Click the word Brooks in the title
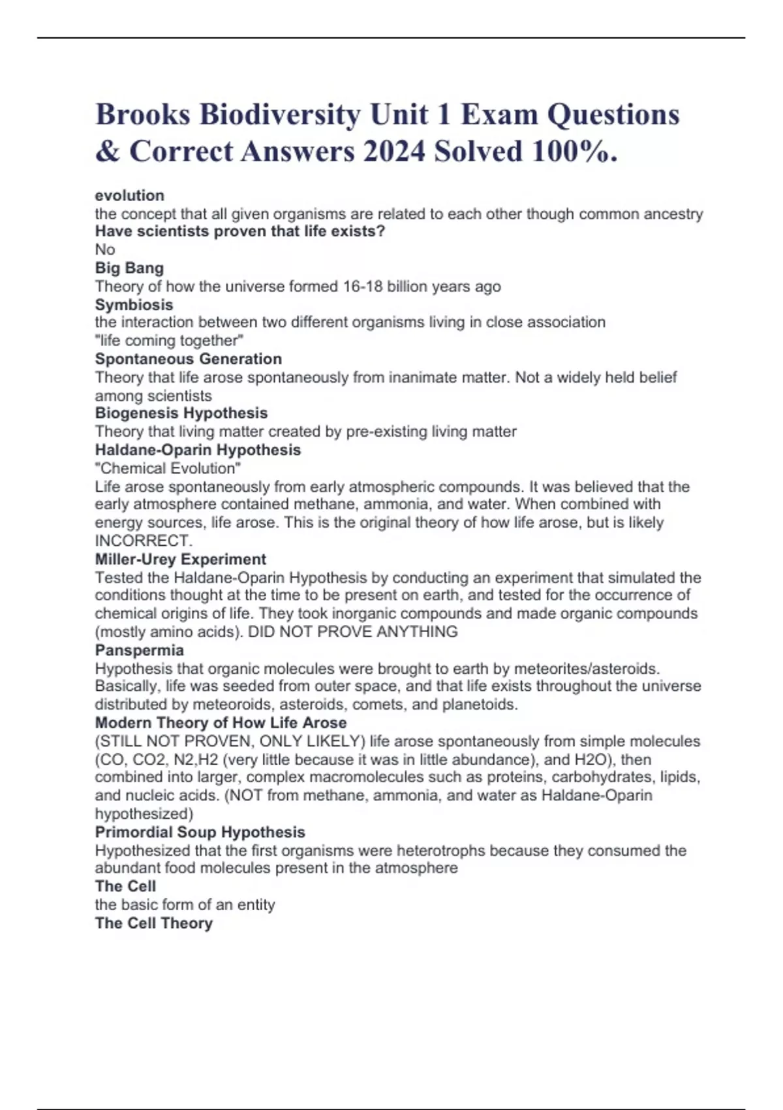point(143,115)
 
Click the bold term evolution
point(129,195)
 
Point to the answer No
point(105,249)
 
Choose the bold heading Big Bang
point(129,268)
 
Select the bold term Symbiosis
point(134,304)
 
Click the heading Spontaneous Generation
point(188,358)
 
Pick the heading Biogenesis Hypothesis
point(181,413)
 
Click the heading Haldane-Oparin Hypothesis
point(198,450)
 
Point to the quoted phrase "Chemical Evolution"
point(168,468)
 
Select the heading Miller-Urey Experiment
point(180,559)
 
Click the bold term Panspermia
point(139,650)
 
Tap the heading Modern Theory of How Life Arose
point(221,723)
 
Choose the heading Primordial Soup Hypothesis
point(200,832)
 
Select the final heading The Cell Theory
point(153,923)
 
